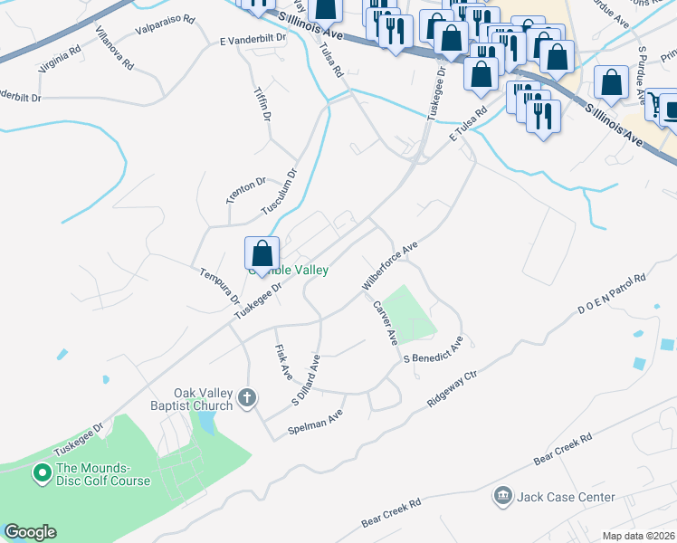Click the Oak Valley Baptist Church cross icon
pos(247,397)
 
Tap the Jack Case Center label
pos(566,497)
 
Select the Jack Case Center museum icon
pos(502,496)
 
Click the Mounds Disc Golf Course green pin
pos(41,472)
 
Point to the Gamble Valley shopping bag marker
pos(262,253)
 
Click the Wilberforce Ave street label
pos(390,265)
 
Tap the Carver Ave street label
pos(385,322)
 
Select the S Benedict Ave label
pos(434,350)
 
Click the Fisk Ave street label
pos(283,361)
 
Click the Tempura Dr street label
pos(220,285)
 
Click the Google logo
pos(30,532)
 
